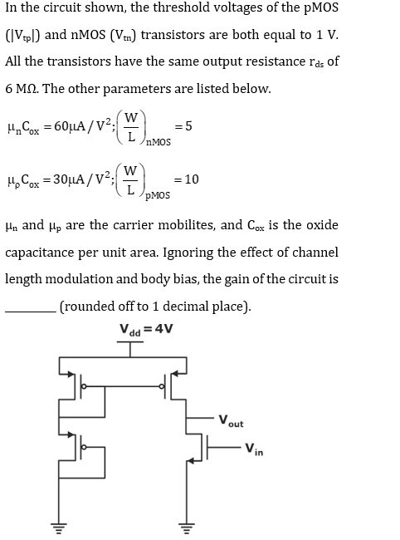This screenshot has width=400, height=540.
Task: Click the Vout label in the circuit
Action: tap(232, 421)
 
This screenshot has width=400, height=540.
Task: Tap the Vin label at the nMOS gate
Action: tap(254, 449)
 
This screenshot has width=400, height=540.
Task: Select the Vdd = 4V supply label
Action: tap(146, 330)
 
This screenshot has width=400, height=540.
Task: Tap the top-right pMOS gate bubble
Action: tap(162, 386)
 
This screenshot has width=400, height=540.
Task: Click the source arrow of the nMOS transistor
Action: tap(191, 459)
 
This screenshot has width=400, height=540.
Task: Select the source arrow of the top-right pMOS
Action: tap(175, 373)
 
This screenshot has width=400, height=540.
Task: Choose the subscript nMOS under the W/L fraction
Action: tap(159, 142)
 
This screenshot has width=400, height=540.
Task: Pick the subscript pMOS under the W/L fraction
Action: tap(158, 195)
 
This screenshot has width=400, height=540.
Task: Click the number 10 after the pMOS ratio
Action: tap(192, 179)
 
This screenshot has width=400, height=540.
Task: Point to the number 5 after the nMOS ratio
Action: tap(188, 126)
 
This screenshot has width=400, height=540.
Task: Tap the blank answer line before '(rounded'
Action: tap(30, 312)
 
